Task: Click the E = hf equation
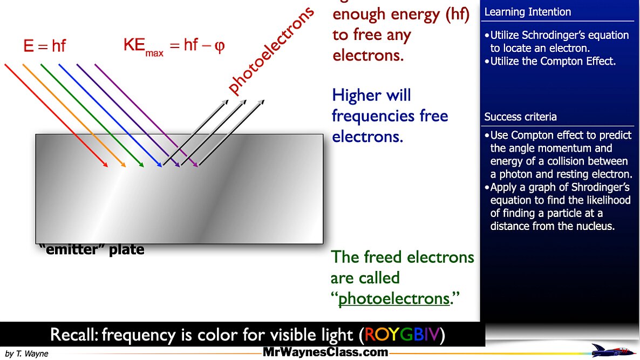(44, 46)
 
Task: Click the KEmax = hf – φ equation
(173, 45)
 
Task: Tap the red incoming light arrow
(54, 113)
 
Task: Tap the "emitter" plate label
(92, 250)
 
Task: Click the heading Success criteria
(520, 117)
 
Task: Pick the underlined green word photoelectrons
(394, 298)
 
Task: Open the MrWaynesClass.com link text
(325, 352)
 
